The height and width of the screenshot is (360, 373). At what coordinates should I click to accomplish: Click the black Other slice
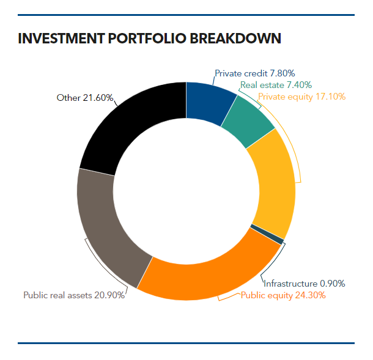click(x=131, y=125)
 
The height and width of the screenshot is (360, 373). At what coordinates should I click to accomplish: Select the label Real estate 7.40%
click(x=276, y=85)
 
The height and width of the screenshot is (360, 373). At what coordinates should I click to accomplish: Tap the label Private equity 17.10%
click(x=302, y=97)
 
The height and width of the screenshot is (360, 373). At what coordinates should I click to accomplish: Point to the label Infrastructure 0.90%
click(x=305, y=284)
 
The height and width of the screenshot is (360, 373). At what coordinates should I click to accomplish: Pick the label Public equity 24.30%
click(x=283, y=295)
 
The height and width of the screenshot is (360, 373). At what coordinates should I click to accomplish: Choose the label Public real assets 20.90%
click(x=74, y=295)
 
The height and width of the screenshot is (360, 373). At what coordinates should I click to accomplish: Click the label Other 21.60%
click(x=85, y=97)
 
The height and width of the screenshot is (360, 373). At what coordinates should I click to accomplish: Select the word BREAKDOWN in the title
click(x=236, y=39)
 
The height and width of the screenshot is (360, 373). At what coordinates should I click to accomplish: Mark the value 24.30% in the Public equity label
click(x=311, y=295)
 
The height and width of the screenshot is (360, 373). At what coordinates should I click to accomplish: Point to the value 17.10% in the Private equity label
click(x=330, y=97)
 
